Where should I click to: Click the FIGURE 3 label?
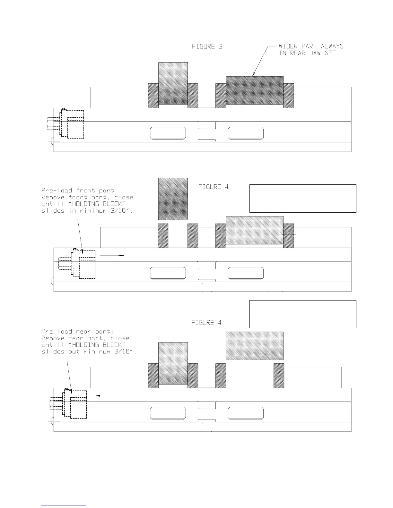pos(207,47)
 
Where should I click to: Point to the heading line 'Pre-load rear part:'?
pos(76,331)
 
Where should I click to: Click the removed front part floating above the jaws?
pos(173,199)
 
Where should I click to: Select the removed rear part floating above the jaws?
pos(255,346)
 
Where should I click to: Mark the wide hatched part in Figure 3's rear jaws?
pos(255,90)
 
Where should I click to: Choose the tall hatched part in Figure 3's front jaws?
pos(173,83)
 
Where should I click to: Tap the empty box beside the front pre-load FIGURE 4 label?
pos(303,199)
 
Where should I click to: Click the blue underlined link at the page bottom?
pos(64,505)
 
